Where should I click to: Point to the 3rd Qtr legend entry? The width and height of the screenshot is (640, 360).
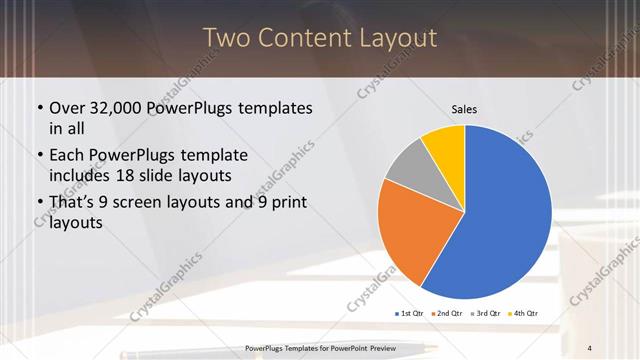coord(486,314)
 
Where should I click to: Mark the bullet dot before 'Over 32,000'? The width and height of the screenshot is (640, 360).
coord(39,108)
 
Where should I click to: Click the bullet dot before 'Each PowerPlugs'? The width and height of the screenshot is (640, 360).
coord(39,156)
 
